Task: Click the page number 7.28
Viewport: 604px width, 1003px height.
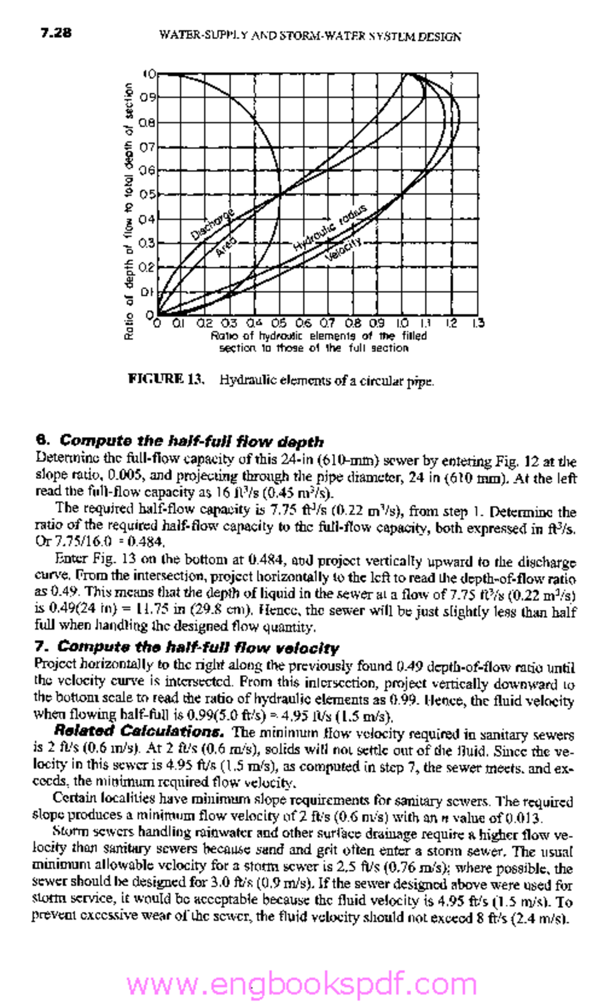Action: click(56, 34)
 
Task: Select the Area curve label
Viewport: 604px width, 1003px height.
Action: click(226, 247)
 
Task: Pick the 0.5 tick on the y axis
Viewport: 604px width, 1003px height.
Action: click(147, 194)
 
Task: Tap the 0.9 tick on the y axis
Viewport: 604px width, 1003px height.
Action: click(147, 97)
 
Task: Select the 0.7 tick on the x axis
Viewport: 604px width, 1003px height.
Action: click(327, 323)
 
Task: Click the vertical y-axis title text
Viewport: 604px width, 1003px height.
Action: click(129, 211)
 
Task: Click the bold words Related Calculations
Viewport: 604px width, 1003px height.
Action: click(141, 731)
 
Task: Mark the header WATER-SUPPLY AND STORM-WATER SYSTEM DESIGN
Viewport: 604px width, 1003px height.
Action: click(310, 36)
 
